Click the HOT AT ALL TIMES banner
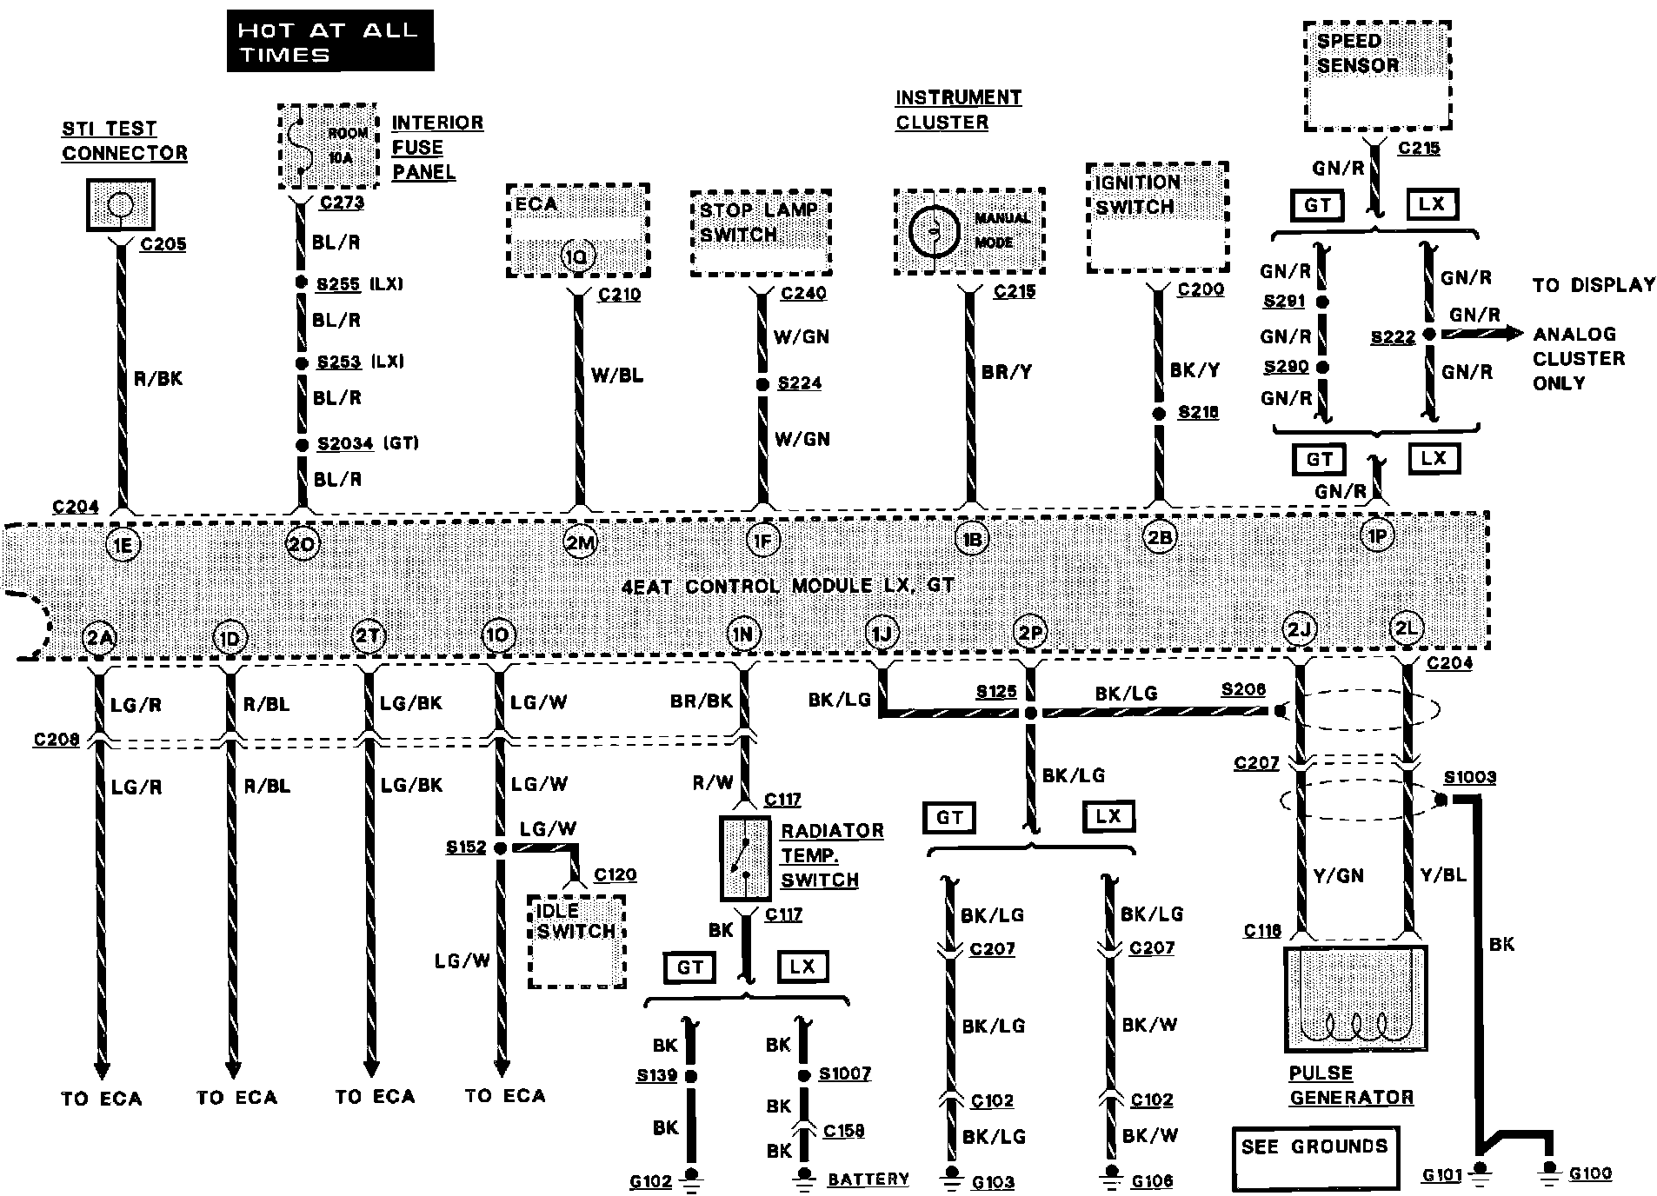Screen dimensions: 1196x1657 click(x=329, y=41)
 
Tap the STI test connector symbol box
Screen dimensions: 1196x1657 click(x=121, y=205)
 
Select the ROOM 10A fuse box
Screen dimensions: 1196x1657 click(x=329, y=146)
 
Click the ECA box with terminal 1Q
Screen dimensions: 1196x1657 click(x=578, y=230)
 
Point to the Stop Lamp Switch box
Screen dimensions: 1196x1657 click(x=761, y=234)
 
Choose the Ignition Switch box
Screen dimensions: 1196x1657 click(x=1157, y=217)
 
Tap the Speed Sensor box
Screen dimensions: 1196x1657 click(x=1377, y=76)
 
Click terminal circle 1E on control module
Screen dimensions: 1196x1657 click(x=123, y=545)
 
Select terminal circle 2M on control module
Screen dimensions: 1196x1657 click(x=580, y=542)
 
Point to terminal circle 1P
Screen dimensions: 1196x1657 click(x=1378, y=536)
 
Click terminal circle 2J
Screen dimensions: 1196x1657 click(x=1300, y=628)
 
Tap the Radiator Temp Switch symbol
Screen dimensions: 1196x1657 click(x=745, y=858)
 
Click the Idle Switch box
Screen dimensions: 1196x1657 click(x=577, y=942)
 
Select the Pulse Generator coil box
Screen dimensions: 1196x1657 click(x=1355, y=999)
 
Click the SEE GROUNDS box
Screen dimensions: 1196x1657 click(x=1314, y=1157)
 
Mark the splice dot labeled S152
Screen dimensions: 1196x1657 click(x=500, y=847)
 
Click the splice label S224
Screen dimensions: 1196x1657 click(x=799, y=383)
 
